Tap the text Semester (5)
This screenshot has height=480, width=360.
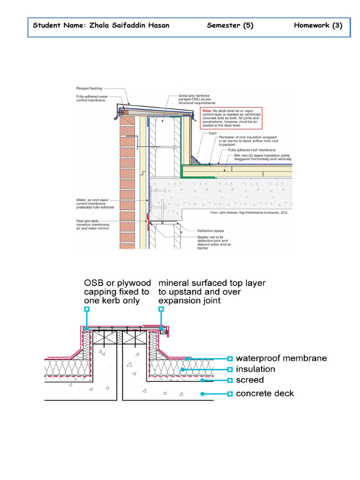point(230,25)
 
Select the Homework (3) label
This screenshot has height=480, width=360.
point(318,25)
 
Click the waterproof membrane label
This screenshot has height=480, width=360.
point(281,359)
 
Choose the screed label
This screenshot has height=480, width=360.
point(249,380)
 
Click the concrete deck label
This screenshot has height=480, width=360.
point(265,394)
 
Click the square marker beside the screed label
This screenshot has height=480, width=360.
point(229,380)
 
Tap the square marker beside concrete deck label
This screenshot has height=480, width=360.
point(229,394)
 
